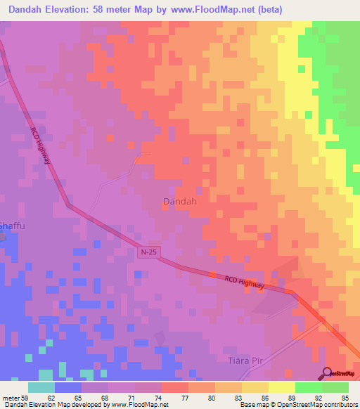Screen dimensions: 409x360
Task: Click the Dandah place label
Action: tap(179, 201)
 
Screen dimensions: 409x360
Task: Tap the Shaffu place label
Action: tap(12, 225)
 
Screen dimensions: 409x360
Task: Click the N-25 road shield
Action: tap(146, 252)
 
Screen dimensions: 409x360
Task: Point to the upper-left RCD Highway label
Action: tap(41, 145)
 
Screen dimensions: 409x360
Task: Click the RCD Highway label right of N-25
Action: tap(245, 282)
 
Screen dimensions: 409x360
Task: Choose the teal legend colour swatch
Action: tap(41, 387)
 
